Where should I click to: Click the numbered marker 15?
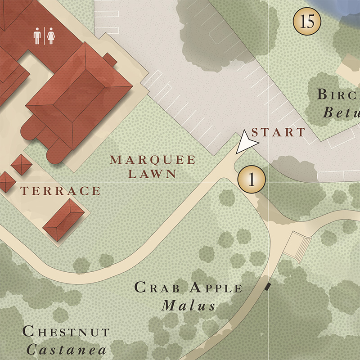[306, 21]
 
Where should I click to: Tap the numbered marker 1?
[252, 179]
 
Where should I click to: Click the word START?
[278, 132]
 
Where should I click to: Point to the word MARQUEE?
[153, 160]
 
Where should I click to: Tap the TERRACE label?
[60, 191]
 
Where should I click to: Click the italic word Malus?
[189, 306]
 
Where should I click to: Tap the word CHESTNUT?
[66, 332]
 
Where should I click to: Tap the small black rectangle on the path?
[269, 285]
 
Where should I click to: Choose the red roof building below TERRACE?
[64, 220]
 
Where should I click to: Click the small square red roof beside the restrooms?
[110, 59]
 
